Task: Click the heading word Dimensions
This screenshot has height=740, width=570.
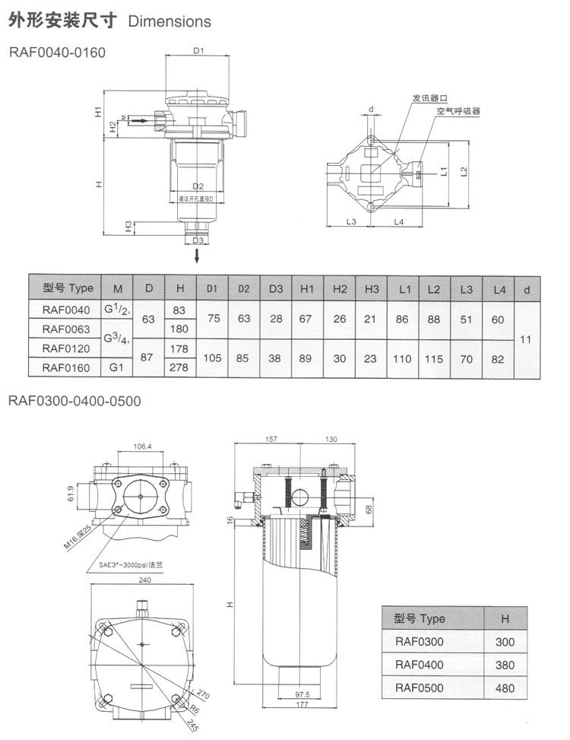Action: click(169, 22)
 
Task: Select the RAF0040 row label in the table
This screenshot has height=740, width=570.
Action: click(66, 310)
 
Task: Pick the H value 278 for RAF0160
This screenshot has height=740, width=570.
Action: click(179, 368)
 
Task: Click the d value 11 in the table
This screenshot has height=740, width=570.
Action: click(524, 339)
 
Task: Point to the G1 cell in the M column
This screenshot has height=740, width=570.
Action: click(117, 368)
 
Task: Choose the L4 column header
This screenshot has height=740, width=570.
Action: click(498, 288)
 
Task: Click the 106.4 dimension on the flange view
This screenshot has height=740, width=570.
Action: click(141, 446)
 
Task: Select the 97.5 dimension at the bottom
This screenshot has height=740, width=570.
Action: click(302, 694)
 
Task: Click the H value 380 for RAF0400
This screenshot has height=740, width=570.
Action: click(505, 665)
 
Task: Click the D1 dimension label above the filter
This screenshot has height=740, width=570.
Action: click(198, 51)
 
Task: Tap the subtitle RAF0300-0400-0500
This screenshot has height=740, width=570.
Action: click(74, 401)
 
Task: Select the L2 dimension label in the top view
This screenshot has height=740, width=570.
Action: click(463, 172)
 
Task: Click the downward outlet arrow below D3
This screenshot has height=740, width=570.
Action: click(198, 256)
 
